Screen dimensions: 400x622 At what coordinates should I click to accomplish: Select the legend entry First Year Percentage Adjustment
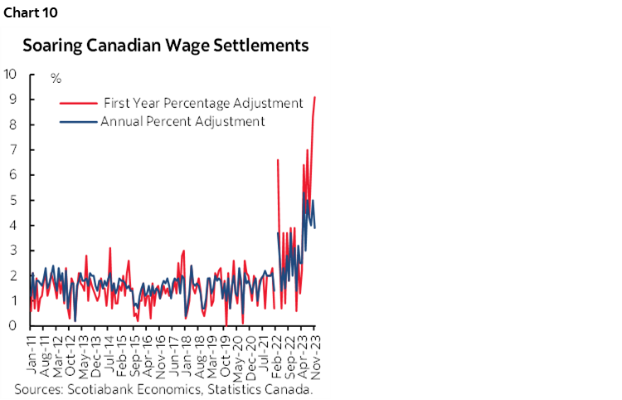coord(202,103)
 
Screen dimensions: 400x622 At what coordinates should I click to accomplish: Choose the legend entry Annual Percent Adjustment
coord(182,121)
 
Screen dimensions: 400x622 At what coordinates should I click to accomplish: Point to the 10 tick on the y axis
coord(11,74)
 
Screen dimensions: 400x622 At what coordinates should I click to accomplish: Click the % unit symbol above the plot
coord(56,79)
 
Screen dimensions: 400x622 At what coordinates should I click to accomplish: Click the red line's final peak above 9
coord(314,98)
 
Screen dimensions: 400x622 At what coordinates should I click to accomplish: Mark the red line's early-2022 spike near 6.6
coord(278,160)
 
